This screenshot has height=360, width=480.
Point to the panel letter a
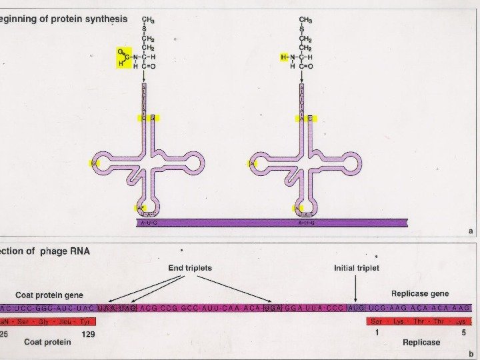[x=471, y=231]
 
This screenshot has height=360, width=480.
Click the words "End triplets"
[x=190, y=268]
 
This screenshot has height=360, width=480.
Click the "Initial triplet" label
[x=356, y=268]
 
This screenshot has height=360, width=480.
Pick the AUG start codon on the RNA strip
[x=357, y=309]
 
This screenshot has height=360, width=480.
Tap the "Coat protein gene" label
[x=49, y=295]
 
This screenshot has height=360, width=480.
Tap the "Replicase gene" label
[x=420, y=293]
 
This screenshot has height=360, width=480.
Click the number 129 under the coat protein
[x=88, y=334]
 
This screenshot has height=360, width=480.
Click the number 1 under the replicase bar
[x=377, y=333]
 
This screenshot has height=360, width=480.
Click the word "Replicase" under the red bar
[x=421, y=342]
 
